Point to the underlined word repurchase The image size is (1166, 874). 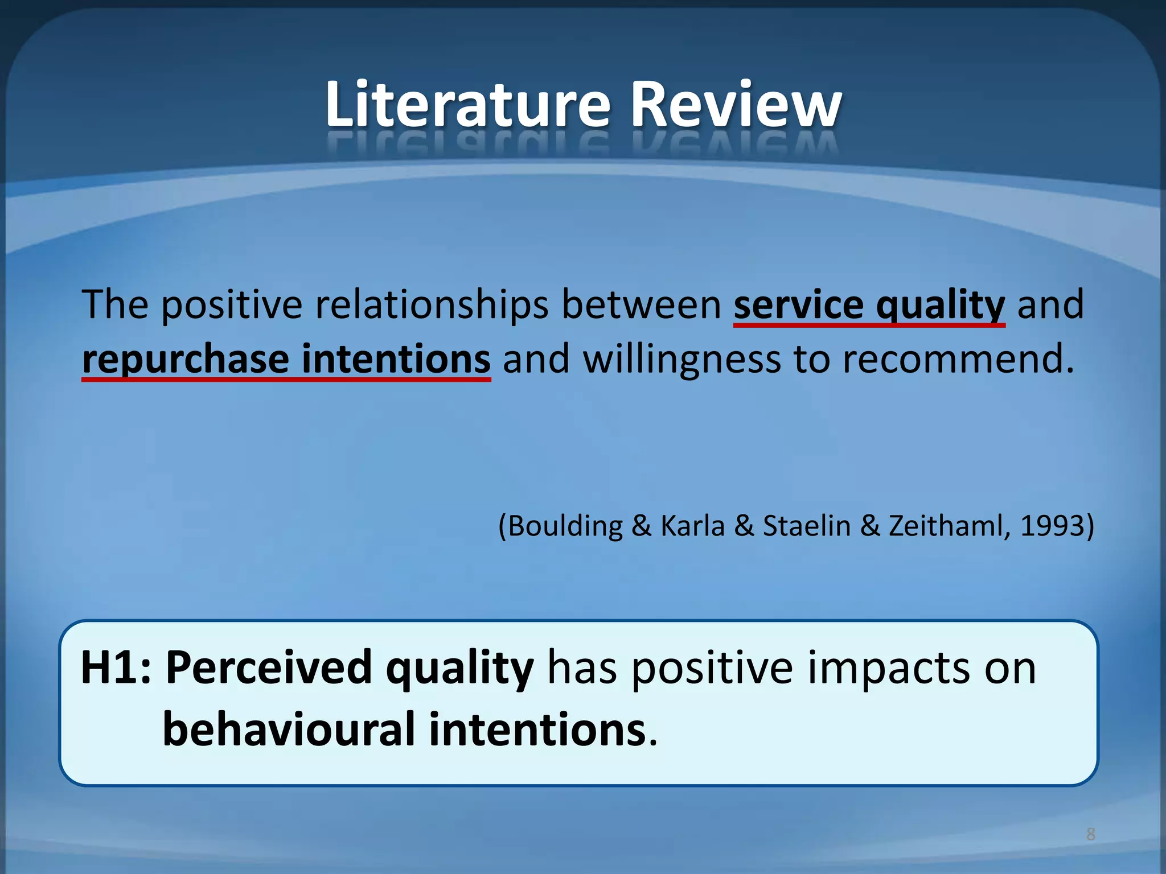[186, 360]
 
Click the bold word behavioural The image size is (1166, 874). [289, 729]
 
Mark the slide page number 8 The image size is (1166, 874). [1091, 834]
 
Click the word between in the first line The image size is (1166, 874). [641, 304]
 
